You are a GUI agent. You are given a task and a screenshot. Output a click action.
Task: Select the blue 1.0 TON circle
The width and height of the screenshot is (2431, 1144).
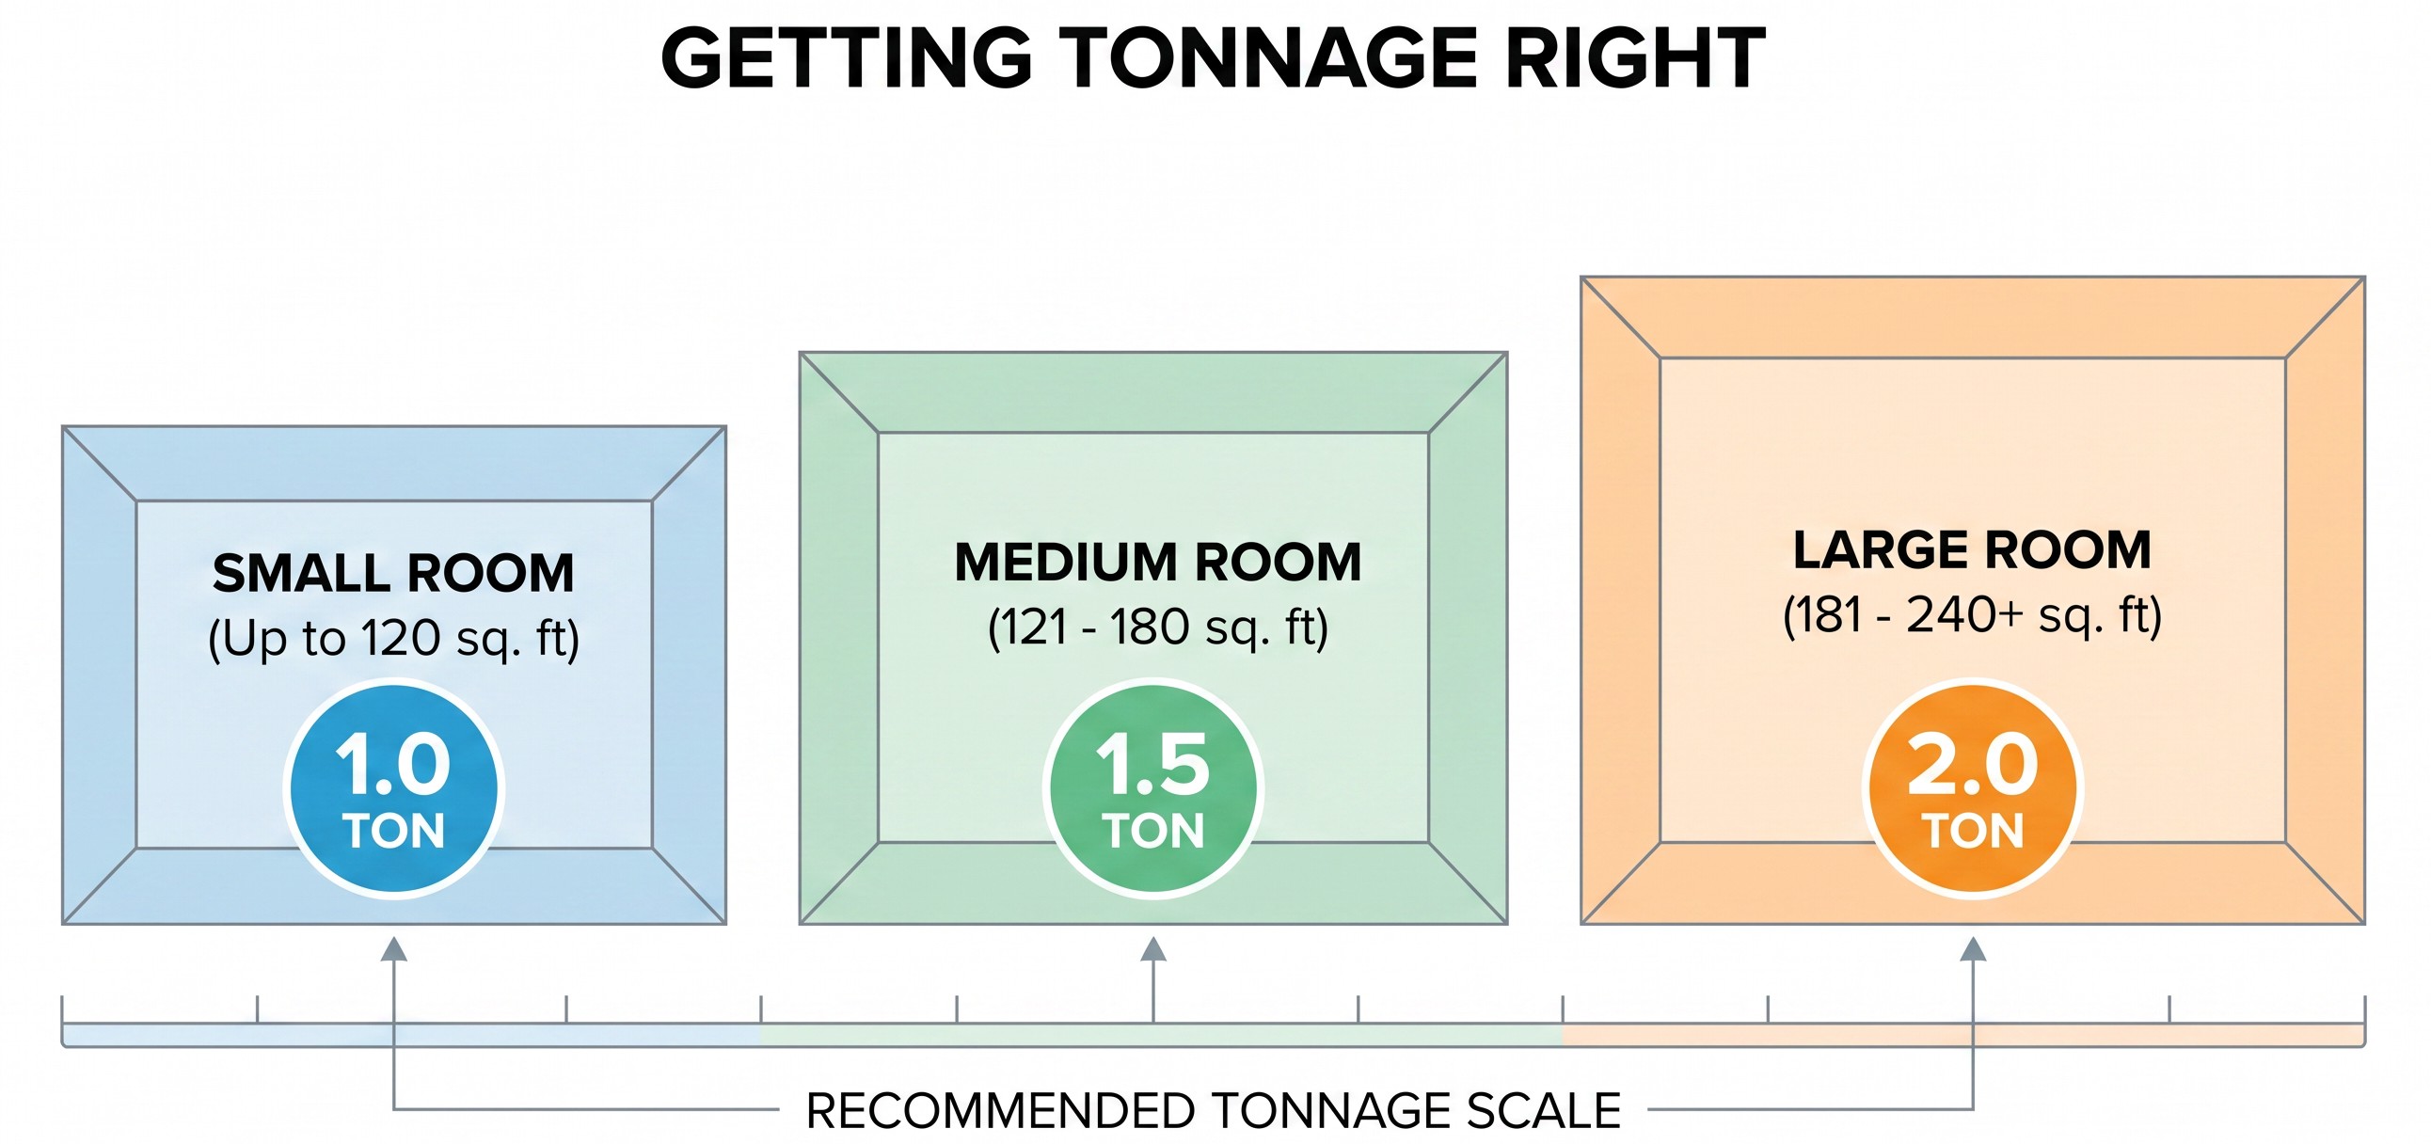393,788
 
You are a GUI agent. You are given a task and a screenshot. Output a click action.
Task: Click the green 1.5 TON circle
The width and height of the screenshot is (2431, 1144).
1153,788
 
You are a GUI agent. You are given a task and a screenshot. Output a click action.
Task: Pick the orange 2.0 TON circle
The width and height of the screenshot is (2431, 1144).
1972,788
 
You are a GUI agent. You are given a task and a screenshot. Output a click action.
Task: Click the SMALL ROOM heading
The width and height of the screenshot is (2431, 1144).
393,573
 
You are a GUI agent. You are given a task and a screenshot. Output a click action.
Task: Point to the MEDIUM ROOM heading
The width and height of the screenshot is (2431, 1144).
1158,562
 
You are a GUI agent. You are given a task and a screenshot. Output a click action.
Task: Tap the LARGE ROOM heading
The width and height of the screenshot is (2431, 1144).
1972,549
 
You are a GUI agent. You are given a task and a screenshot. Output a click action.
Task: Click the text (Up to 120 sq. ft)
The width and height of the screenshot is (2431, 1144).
393,639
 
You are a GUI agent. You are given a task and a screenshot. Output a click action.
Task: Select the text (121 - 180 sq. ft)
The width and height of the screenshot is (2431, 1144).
1158,628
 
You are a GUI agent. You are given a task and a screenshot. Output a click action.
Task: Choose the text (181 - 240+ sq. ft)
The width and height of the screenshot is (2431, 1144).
1972,615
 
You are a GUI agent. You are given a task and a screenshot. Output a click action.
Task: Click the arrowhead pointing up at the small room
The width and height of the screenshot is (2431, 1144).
393,948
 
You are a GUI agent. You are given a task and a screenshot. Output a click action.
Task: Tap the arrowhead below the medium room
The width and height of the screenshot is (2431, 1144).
1153,948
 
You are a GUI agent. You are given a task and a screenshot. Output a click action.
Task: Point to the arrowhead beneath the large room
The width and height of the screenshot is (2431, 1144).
1972,948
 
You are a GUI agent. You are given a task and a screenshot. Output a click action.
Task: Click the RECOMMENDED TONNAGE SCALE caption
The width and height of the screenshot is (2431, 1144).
1214,1111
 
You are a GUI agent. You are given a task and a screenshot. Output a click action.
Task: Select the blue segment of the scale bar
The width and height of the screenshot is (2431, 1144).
411,1036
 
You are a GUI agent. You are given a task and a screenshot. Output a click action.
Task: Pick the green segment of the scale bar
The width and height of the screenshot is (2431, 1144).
1162,1036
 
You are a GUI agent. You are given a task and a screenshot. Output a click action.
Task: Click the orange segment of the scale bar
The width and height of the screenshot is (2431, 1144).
1963,1036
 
